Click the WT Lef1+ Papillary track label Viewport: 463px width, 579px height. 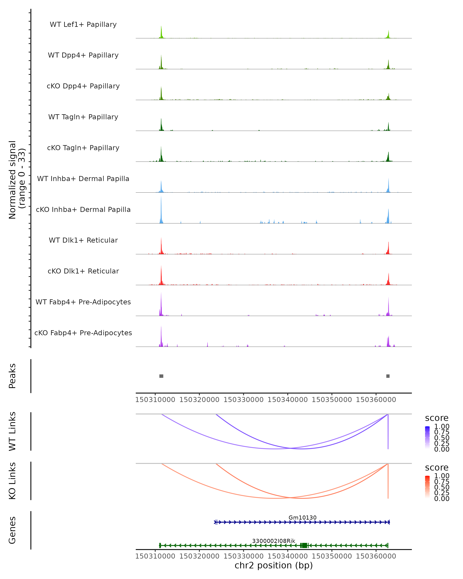click(83, 25)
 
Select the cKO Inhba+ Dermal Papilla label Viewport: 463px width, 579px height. click(83, 209)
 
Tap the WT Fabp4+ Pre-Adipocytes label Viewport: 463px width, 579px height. click(83, 302)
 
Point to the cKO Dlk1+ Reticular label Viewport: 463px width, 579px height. click(83, 271)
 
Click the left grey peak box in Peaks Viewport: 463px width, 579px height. click(161, 376)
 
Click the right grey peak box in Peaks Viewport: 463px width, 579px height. click(388, 376)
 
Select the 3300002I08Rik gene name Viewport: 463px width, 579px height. click(274, 541)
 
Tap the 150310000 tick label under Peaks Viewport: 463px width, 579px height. click(155, 400)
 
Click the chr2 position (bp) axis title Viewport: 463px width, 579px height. click(274, 565)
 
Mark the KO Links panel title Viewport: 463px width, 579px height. click(12, 481)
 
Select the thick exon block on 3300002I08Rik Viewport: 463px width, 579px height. click(304, 545)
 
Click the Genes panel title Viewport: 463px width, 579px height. click(12, 530)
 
